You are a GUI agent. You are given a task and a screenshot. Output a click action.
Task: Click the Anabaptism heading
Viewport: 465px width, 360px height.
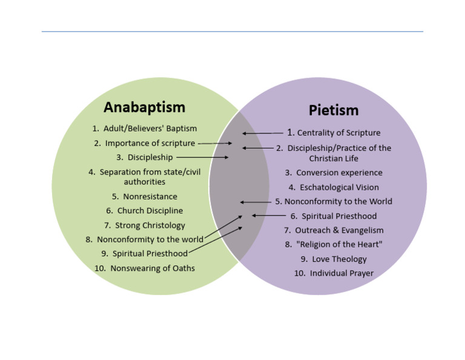click(x=144, y=107)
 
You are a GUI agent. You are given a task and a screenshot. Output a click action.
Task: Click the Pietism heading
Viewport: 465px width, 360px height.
click(x=334, y=110)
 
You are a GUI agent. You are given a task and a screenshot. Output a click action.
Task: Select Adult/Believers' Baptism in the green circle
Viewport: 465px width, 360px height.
click(x=144, y=128)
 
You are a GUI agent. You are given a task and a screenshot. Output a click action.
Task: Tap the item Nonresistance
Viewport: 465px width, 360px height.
click(x=144, y=196)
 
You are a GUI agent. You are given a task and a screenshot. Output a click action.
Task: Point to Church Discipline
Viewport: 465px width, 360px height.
click(x=144, y=211)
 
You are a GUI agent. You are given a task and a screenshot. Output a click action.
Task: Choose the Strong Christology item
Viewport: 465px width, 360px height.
click(x=144, y=225)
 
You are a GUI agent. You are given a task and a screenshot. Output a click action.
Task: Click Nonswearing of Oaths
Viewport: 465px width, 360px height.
click(x=144, y=268)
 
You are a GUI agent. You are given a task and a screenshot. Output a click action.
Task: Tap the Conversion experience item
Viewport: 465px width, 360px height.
click(x=334, y=173)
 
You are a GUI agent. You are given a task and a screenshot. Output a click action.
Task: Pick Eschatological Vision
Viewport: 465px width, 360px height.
click(x=334, y=187)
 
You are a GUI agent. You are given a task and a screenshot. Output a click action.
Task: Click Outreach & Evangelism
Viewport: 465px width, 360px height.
click(x=334, y=230)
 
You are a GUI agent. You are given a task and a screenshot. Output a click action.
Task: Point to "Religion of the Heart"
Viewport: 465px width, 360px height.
click(x=334, y=244)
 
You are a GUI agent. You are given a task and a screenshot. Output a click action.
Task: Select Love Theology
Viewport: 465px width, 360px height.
click(x=334, y=259)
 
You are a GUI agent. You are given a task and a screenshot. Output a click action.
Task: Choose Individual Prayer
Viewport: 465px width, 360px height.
click(x=334, y=273)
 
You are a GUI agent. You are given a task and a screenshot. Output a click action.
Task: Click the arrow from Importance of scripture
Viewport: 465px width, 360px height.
click(x=215, y=144)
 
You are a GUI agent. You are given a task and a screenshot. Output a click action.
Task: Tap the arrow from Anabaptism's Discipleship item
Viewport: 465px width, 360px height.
click(x=202, y=158)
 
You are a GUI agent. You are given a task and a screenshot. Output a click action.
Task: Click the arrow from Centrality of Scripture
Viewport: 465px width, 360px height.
click(x=263, y=133)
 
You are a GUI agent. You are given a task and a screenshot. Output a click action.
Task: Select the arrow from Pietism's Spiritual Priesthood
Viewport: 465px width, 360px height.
click(x=269, y=216)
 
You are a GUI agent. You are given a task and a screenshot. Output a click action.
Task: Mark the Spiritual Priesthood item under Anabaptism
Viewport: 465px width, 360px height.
click(x=144, y=253)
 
